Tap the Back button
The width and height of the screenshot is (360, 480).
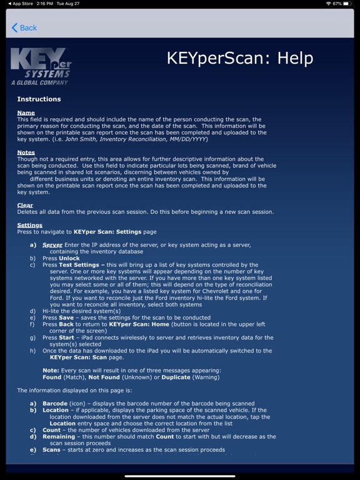pyautogui.click(x=24, y=27)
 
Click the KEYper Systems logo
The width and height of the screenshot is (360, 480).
pyautogui.click(x=41, y=67)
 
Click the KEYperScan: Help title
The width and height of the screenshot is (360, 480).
pyautogui.click(x=239, y=59)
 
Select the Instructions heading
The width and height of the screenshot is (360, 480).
pyautogui.click(x=39, y=99)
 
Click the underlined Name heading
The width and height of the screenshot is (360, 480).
pyautogui.click(x=26, y=113)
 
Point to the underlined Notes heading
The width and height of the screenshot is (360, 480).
pyautogui.click(x=26, y=152)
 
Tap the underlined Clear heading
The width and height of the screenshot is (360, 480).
pyautogui.click(x=25, y=205)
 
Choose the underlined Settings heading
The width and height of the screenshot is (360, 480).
pyautogui.click(x=29, y=225)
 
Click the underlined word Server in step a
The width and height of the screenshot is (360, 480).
pyautogui.click(x=52, y=245)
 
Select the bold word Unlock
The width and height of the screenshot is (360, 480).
pyautogui.click(x=69, y=258)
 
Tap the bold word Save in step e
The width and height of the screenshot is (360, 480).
pyautogui.click(x=66, y=317)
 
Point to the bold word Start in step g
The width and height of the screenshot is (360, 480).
pyautogui.click(x=67, y=337)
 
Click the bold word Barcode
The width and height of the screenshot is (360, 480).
pyautogui.click(x=55, y=404)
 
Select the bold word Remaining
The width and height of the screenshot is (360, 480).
pyautogui.click(x=59, y=436)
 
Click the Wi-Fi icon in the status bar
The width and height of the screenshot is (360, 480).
pyautogui.click(x=329, y=4)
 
